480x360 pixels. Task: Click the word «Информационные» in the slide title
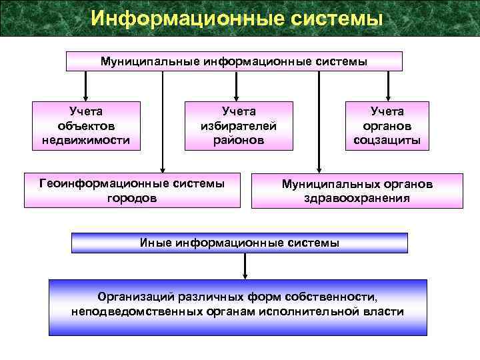click(175, 18)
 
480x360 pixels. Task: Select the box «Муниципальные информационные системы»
click(234, 61)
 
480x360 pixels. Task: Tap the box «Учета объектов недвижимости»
click(86, 125)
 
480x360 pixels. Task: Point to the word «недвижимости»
click(86, 140)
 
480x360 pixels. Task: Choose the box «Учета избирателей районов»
click(239, 125)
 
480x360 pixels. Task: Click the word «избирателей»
click(239, 126)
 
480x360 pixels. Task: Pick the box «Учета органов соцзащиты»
click(387, 125)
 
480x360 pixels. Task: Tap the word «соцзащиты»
click(387, 141)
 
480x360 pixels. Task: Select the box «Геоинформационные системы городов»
click(132, 190)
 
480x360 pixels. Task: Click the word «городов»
click(132, 198)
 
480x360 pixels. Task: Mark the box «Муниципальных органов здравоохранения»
click(357, 191)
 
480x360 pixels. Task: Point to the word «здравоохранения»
click(357, 199)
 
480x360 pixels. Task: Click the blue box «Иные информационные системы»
click(239, 243)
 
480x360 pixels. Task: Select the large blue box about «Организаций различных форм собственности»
click(238, 307)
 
